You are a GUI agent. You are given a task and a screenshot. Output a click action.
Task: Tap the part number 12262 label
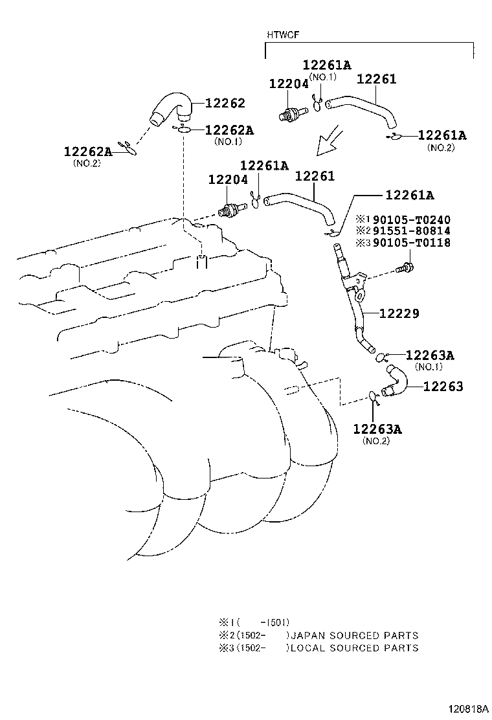point(225,104)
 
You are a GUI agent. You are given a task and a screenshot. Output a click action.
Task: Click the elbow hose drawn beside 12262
point(171,109)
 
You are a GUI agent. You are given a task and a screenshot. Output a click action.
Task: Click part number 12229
point(399,313)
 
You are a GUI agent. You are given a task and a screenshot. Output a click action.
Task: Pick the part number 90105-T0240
point(412,220)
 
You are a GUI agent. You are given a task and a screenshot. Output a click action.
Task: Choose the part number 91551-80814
point(412,231)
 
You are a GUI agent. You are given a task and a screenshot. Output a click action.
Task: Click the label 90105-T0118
point(412,242)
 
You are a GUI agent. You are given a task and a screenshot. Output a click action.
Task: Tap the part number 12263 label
point(443,387)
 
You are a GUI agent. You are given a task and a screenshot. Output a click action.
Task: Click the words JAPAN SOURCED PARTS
point(355,636)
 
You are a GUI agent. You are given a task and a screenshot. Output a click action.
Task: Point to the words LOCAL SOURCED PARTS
point(355,648)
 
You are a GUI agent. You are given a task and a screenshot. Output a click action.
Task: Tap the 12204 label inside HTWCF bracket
point(289,84)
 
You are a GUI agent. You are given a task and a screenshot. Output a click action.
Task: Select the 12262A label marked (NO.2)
point(87,151)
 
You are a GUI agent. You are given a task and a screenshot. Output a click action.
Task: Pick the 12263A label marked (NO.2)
point(377,429)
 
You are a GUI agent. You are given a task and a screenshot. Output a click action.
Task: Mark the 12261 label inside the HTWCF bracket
point(376,79)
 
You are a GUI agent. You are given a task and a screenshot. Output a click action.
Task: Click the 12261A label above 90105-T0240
point(410,195)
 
